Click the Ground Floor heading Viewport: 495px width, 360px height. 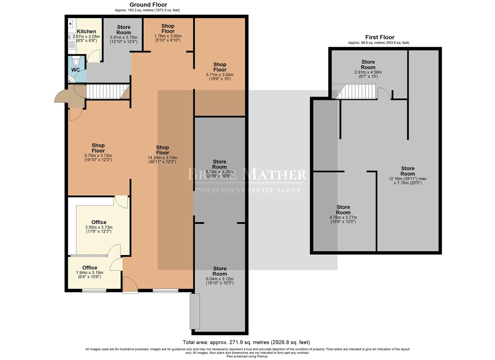[x=148, y=5]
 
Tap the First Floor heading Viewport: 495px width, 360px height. [x=380, y=37]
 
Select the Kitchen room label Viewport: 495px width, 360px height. [x=86, y=31]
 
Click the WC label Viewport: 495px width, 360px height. [x=75, y=70]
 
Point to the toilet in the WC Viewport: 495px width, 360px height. [x=76, y=61]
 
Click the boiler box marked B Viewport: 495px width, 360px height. [x=70, y=24]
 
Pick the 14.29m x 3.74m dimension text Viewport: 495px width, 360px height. [x=162, y=158]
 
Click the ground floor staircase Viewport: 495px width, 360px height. [x=108, y=91]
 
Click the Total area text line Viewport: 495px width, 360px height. [x=246, y=342]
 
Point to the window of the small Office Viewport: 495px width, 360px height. [x=94, y=291]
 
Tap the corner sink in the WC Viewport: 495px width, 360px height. [x=71, y=79]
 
